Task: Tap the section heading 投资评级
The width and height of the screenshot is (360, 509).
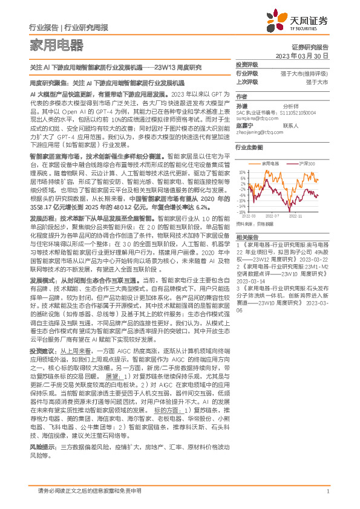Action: tap(247, 64)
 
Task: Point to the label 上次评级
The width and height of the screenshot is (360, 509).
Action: tap(247, 81)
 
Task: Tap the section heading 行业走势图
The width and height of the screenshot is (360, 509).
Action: tap(249, 147)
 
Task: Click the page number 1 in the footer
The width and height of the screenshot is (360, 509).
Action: tap(327, 491)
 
